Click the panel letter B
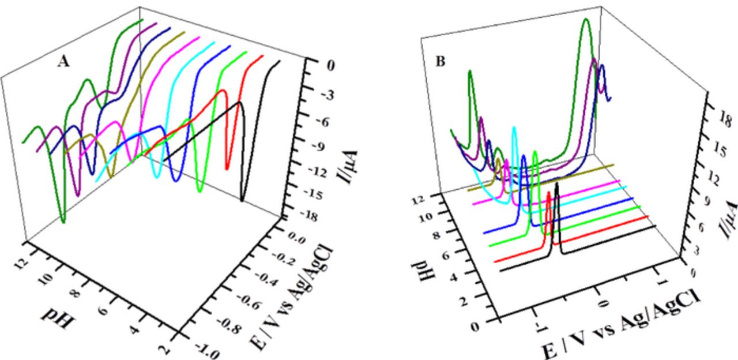coord(440,61)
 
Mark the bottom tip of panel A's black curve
coord(242,200)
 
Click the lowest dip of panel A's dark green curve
coord(63,221)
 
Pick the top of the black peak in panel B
coord(556,184)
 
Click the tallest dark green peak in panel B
coord(586,20)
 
